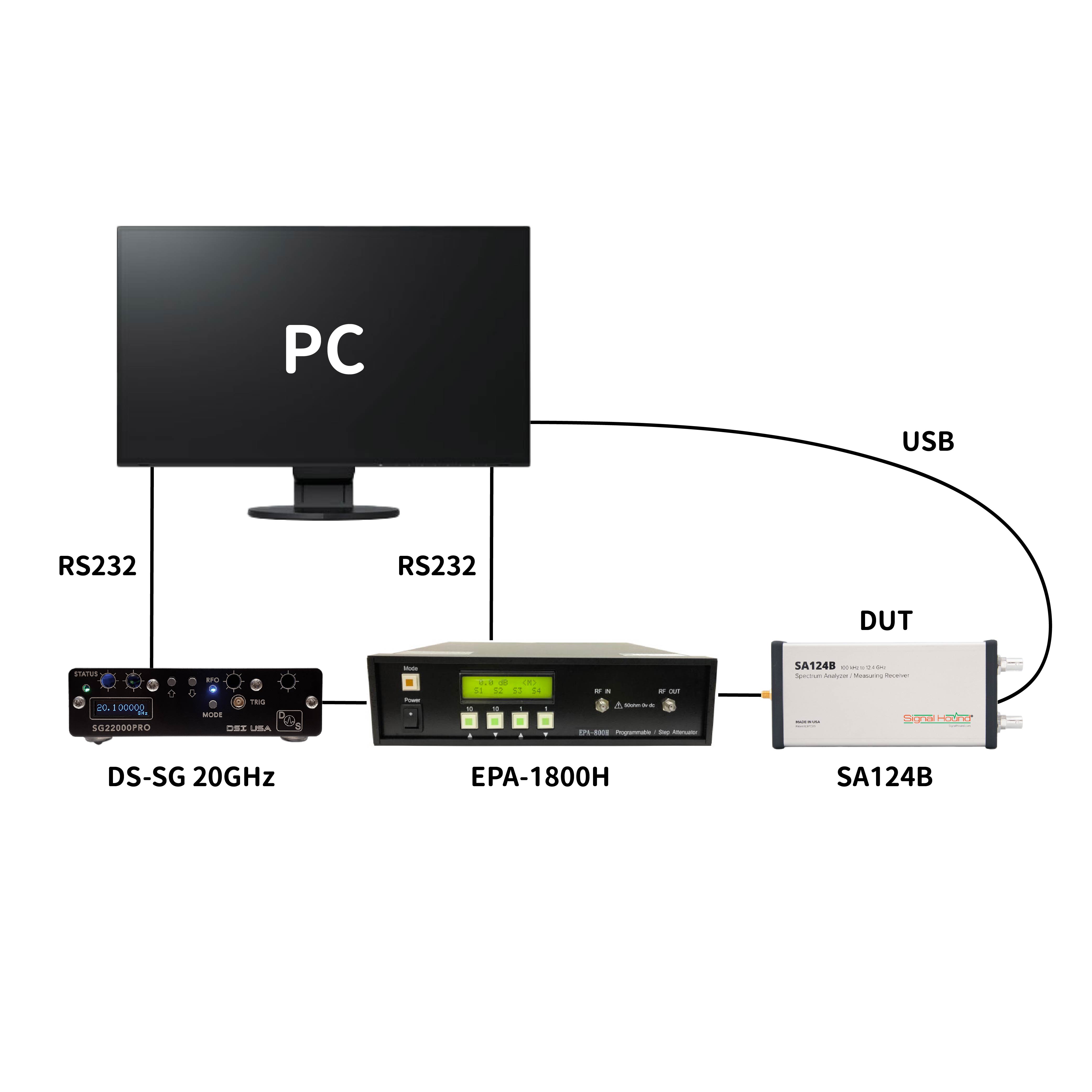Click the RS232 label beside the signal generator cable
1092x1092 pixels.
pyautogui.click(x=97, y=566)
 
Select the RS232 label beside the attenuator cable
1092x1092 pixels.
pyautogui.click(x=437, y=566)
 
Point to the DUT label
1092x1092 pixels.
pyautogui.click(x=886, y=621)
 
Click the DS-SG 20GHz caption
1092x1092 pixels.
pyautogui.click(x=191, y=777)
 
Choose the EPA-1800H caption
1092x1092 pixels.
pyautogui.click(x=540, y=777)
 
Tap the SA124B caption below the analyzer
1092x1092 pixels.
pyautogui.click(x=884, y=777)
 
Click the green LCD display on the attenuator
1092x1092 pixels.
pyautogui.click(x=507, y=686)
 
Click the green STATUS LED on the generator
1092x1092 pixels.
pyautogui.click(x=86, y=688)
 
